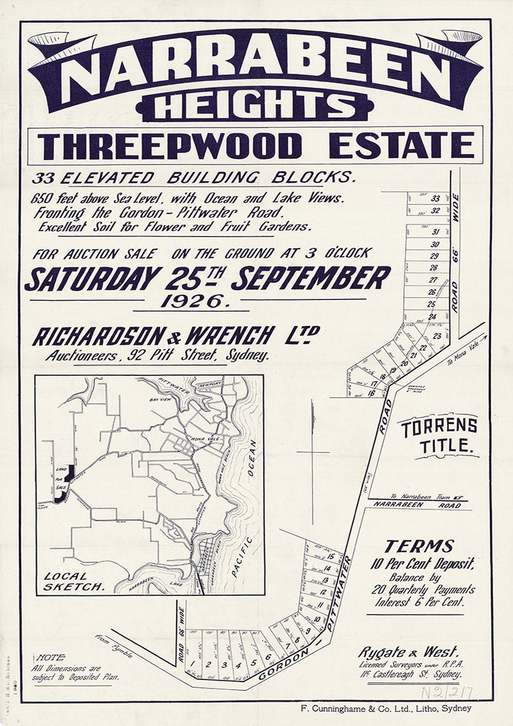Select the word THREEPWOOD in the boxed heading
[172, 146]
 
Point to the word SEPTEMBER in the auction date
[310, 279]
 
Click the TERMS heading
[419, 546]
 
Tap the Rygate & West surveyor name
[408, 652]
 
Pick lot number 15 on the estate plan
[332, 557]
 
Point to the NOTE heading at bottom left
[51, 658]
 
